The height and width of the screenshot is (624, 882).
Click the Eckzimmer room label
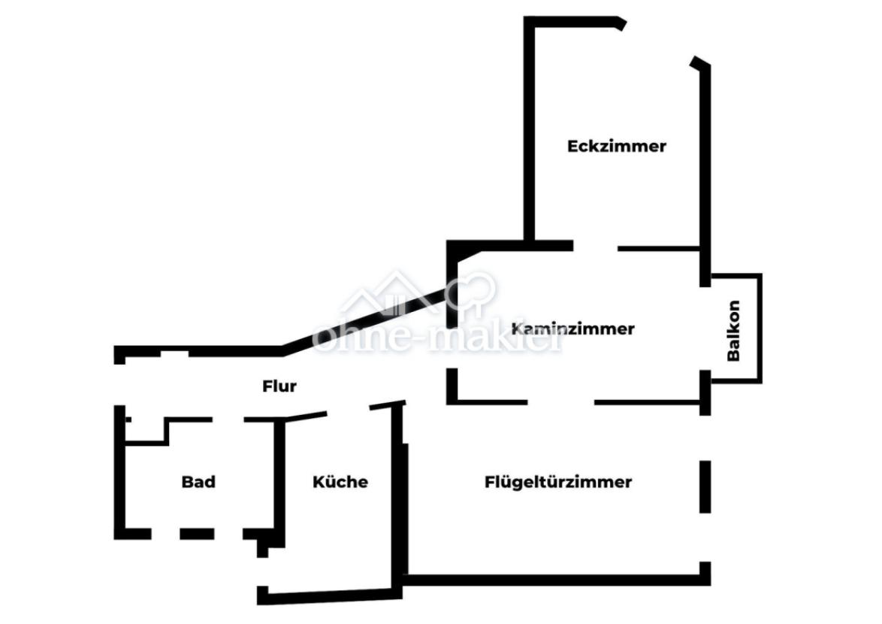[x=617, y=147]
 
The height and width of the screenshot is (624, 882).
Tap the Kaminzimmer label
[x=573, y=329]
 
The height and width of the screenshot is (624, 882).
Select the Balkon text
[x=733, y=330]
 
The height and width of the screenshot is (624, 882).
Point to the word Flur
[x=279, y=386]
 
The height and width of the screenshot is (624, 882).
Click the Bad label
[x=198, y=482]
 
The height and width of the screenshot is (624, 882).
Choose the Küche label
[x=340, y=482]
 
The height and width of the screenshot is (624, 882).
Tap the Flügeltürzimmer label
[x=558, y=482]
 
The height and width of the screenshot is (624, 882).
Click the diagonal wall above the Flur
[x=364, y=323]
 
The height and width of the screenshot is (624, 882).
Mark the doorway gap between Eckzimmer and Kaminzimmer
[x=595, y=247]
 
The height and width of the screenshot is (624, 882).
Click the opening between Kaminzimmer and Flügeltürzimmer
[x=560, y=402]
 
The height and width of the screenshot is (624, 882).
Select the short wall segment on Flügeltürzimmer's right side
[x=705, y=486]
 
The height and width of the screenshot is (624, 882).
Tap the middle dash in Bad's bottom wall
[x=197, y=534]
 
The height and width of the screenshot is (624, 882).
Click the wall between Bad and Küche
[x=279, y=482]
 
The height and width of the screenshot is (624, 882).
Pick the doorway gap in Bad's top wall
[x=228, y=420]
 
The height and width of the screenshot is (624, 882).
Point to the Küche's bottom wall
[x=330, y=596]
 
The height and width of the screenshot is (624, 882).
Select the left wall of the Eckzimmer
[x=529, y=129]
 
